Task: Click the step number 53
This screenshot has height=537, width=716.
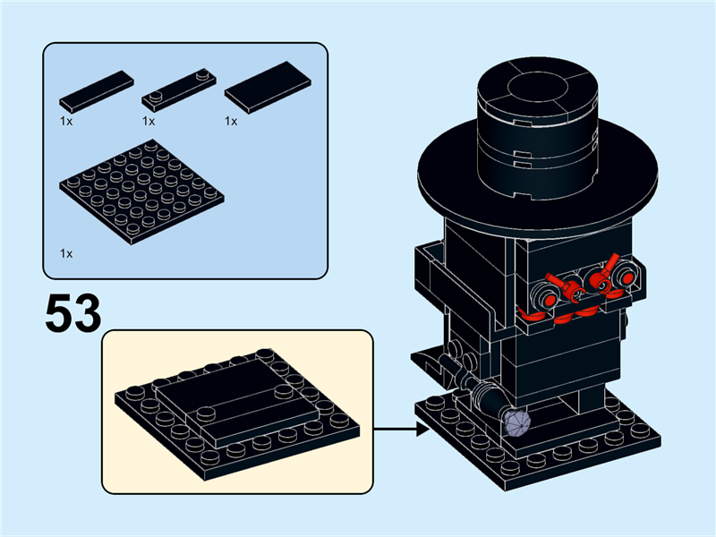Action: pyautogui.click(x=72, y=313)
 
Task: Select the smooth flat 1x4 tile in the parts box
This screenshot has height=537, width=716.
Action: pyautogui.click(x=96, y=89)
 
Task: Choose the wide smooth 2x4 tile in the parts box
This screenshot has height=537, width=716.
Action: pyautogui.click(x=268, y=87)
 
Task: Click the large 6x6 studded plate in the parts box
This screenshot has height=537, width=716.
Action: pyautogui.click(x=141, y=191)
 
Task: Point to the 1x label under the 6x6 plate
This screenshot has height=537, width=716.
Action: pyautogui.click(x=65, y=254)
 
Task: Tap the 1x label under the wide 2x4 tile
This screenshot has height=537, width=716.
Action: pyautogui.click(x=230, y=121)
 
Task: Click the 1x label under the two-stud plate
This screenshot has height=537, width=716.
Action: pyautogui.click(x=148, y=121)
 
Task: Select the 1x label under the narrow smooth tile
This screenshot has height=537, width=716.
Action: pyautogui.click(x=65, y=121)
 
